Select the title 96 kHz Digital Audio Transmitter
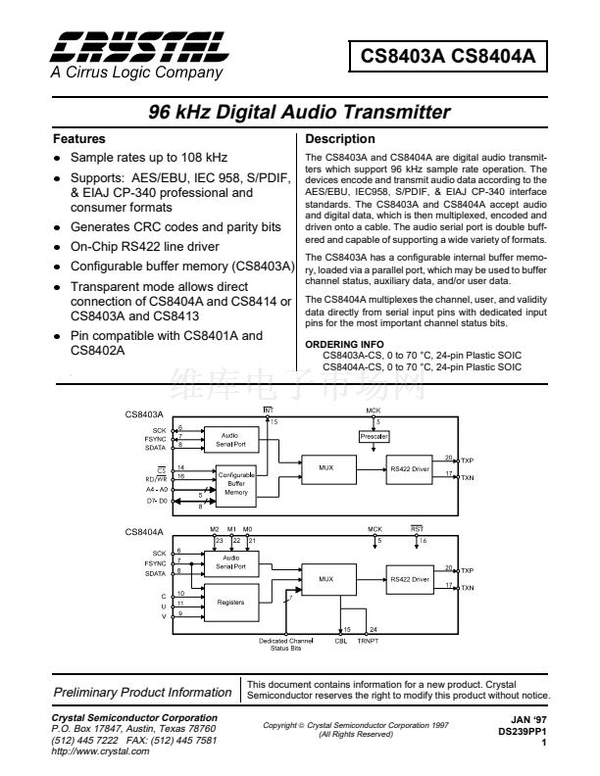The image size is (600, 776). click(x=298, y=112)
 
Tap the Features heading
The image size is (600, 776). click(x=79, y=139)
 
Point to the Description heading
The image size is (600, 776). click(x=340, y=139)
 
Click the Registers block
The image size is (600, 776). click(x=230, y=602)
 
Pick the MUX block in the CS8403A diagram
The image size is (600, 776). click(x=325, y=468)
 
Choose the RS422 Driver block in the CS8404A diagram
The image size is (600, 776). click(x=409, y=579)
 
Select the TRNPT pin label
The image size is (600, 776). click(x=368, y=640)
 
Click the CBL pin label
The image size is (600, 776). click(x=341, y=640)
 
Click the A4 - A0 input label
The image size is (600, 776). click(x=156, y=487)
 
